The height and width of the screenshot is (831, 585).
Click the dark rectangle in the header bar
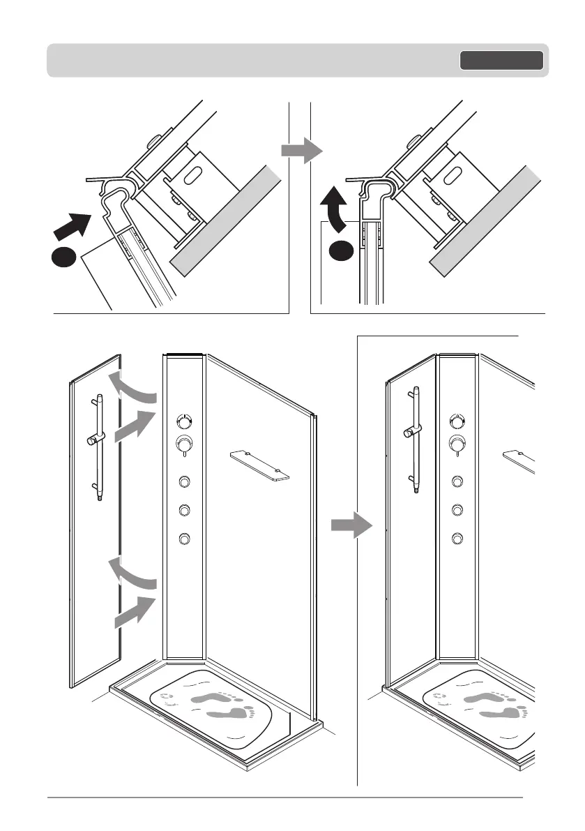(501, 61)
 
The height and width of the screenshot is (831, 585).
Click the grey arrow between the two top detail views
(299, 151)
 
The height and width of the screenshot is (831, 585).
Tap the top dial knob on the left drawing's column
(184, 421)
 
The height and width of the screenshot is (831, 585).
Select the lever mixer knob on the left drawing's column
(184, 444)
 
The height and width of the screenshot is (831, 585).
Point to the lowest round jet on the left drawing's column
(185, 539)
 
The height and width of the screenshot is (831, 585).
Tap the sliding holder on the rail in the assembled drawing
(408, 431)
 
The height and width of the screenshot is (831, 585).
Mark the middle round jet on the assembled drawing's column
(457, 509)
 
